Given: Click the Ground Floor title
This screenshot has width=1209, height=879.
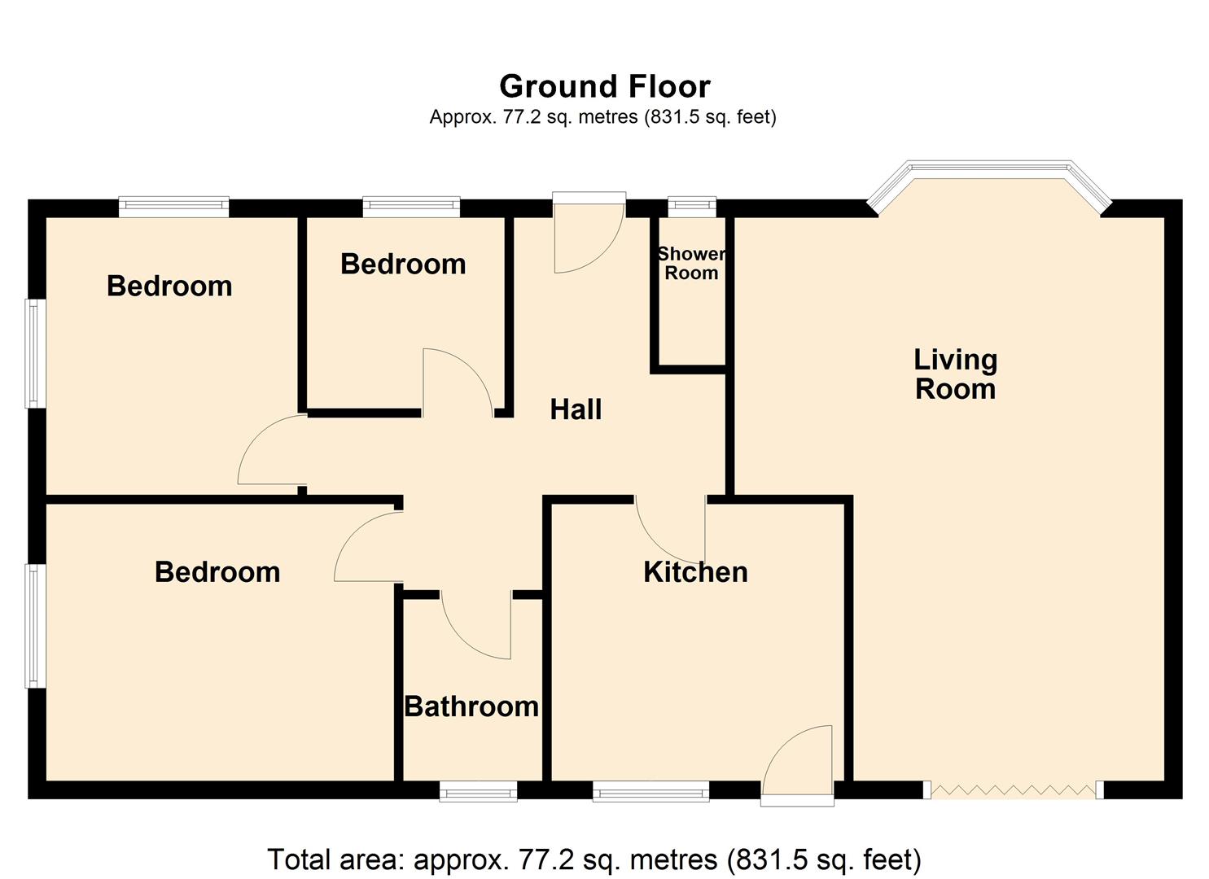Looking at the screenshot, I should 604,86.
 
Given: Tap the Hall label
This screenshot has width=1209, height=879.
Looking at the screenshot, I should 576,409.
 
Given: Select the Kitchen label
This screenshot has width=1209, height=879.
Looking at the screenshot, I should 695,572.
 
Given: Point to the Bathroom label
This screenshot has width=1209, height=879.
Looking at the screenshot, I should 471,706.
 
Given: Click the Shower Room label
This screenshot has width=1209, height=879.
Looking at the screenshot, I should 691,264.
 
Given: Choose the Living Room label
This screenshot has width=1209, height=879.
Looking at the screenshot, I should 955,374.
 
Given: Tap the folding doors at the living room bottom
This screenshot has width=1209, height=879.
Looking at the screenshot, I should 1013,789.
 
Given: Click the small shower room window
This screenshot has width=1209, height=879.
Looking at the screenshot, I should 692,207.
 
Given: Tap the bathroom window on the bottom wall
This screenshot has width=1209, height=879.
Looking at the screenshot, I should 478,790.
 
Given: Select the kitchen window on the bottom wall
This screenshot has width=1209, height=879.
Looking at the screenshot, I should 650,790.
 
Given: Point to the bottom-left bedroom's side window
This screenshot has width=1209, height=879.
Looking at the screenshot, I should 35,625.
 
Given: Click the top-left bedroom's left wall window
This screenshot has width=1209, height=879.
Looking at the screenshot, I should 35,353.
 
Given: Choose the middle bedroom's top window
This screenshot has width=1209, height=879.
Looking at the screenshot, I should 411,207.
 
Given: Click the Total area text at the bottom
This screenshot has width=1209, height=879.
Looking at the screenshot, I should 594,859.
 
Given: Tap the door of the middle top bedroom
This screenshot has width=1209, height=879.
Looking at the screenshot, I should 456,383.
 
